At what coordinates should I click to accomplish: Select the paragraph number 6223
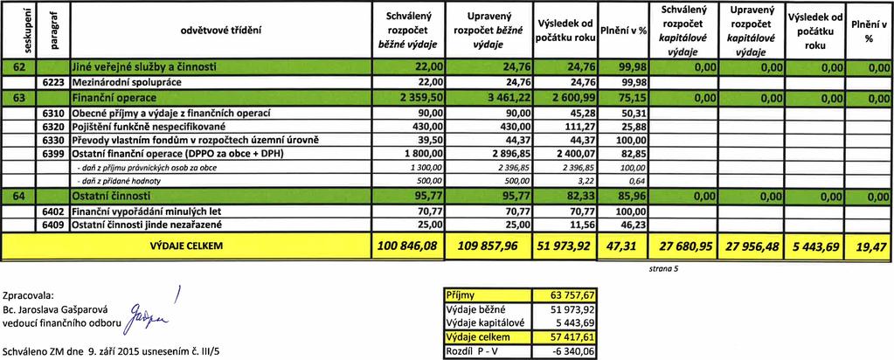(x=55, y=82)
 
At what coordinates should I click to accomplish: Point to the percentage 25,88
(x=632, y=127)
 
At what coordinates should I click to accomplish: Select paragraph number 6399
(x=55, y=154)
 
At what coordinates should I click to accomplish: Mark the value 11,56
(x=583, y=225)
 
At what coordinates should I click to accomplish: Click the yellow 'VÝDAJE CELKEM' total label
(x=186, y=246)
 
